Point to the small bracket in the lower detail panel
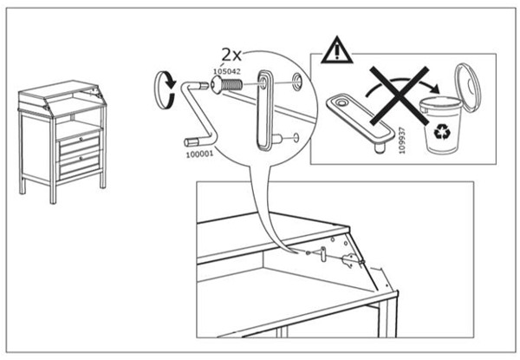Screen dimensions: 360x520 pos(322,252)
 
